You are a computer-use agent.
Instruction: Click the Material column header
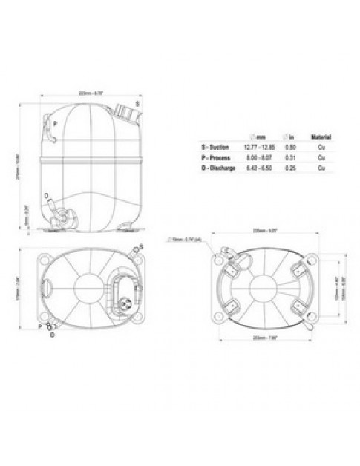click(321, 137)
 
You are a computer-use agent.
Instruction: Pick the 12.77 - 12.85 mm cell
click(260, 148)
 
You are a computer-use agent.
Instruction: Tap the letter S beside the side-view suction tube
click(138, 103)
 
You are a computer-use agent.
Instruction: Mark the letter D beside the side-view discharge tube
click(46, 196)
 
